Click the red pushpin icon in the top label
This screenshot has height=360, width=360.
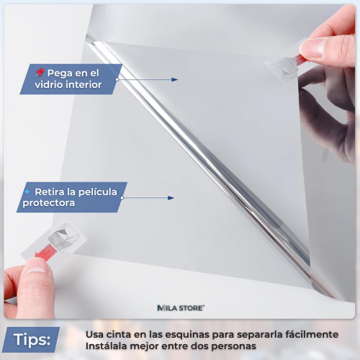[x=40, y=73]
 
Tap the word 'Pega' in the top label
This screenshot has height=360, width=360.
[x=60, y=73]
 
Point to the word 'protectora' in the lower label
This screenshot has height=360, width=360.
[x=48, y=203]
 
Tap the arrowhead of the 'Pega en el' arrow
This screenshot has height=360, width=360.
[x=175, y=80]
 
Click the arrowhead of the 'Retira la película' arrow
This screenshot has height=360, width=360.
[x=171, y=197]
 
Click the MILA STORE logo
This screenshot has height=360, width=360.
[x=181, y=307]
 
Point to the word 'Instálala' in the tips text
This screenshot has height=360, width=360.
[x=108, y=347]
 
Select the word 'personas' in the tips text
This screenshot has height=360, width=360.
[x=233, y=347]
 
